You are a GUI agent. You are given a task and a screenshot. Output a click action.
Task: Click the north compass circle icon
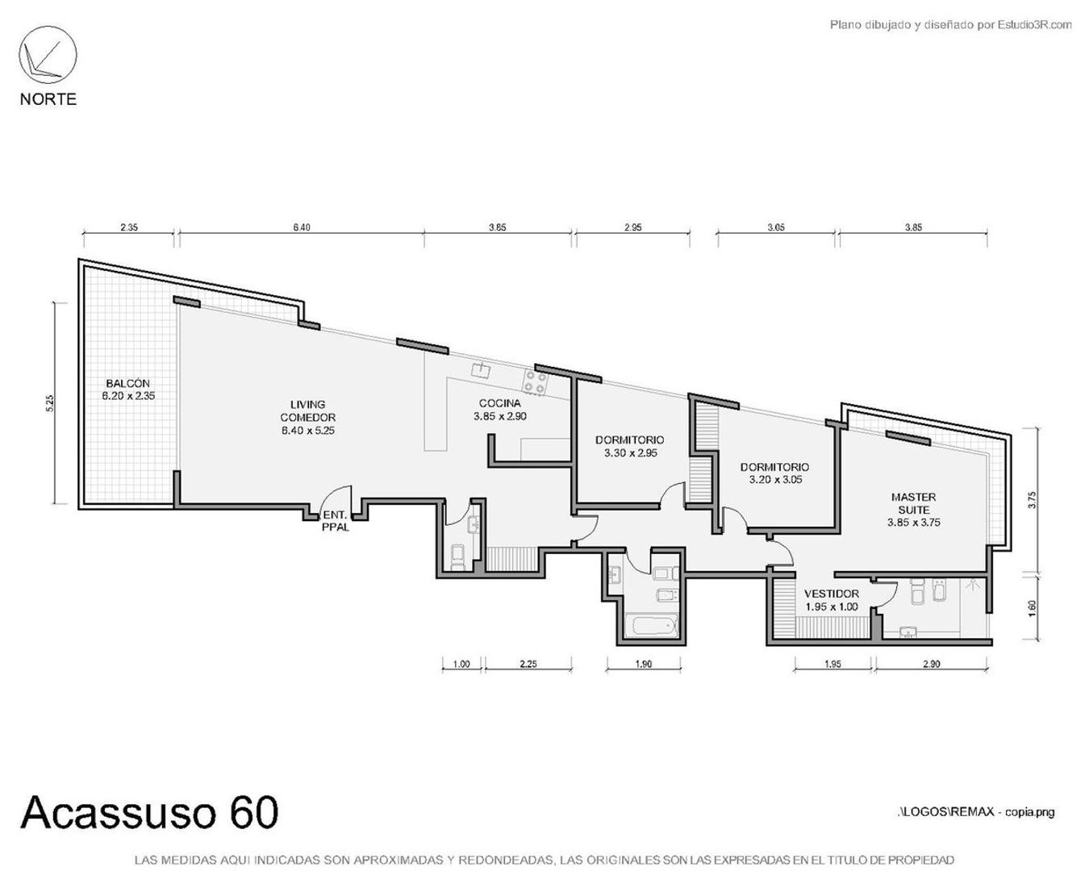point(48,55)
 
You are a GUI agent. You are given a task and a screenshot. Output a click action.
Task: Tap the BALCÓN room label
point(128,390)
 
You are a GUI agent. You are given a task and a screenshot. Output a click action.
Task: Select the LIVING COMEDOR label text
point(307,417)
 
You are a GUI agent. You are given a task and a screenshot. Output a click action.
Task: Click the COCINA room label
point(500,410)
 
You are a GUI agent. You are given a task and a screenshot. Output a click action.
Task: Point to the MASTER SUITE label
point(913,509)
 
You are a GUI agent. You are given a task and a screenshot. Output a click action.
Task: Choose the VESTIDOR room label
point(831,600)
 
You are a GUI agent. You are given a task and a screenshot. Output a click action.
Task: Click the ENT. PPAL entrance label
point(336,521)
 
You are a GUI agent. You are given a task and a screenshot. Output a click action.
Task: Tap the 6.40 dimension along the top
point(301,227)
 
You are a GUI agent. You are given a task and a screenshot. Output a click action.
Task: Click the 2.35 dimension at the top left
point(129,227)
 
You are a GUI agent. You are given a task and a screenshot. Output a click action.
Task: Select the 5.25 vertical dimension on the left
point(50,403)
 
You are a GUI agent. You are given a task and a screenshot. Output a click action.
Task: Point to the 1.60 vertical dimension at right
point(1032,607)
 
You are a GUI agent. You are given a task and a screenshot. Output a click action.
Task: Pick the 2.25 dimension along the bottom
point(528,665)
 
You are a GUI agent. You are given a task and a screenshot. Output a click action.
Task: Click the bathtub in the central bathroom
point(653,626)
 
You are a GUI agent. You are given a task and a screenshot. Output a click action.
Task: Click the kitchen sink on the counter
point(482,369)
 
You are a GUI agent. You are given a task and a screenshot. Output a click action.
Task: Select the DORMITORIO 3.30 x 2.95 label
point(630,446)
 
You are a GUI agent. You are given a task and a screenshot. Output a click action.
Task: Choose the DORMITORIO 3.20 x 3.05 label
point(774,473)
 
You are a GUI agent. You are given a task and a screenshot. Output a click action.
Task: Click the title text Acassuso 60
point(150,812)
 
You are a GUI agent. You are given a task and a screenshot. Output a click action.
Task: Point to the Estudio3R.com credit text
point(950,25)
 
